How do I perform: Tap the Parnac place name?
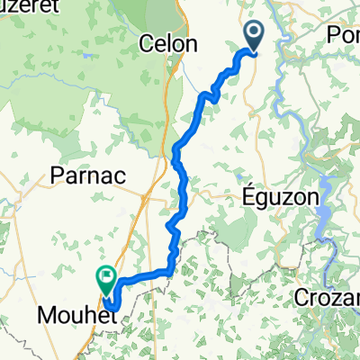[x=85, y=174]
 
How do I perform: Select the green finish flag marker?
[x=108, y=278]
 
